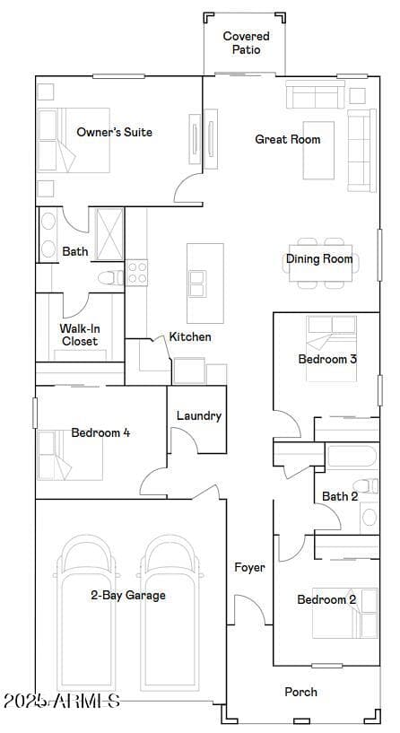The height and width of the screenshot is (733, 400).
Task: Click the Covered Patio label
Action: [246, 42]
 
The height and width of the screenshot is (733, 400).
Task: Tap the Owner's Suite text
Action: [115, 132]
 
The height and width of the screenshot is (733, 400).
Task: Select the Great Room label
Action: [288, 139]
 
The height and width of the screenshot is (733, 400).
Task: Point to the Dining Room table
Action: [320, 263]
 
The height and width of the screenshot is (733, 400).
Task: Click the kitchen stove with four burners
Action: [137, 273]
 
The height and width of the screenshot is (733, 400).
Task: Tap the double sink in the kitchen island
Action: [197, 284]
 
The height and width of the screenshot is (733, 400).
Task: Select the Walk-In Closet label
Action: [80, 335]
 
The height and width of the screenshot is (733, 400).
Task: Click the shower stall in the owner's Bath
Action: [109, 234]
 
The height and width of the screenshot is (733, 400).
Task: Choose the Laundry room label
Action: [198, 415]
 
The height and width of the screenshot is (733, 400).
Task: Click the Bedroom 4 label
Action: [100, 432]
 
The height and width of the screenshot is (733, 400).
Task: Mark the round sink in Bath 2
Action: [370, 517]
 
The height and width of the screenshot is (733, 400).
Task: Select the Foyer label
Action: [249, 568]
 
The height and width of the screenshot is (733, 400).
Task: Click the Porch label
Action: [301, 692]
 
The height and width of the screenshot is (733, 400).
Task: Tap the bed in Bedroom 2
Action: [345, 613]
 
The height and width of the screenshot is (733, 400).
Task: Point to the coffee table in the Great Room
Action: [318, 150]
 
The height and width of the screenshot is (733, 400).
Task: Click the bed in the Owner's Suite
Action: [74, 140]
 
